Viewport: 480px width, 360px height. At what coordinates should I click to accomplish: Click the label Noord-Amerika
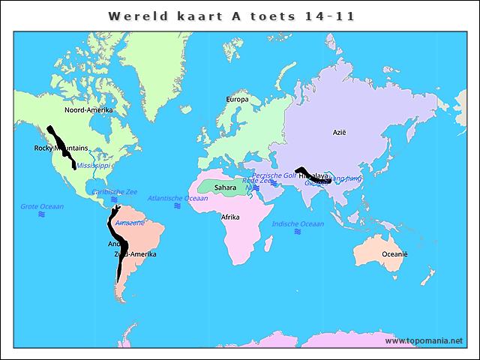pos(88,110)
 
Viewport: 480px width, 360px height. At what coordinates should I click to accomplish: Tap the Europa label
pos(237,100)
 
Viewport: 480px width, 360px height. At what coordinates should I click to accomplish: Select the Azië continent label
pos(340,133)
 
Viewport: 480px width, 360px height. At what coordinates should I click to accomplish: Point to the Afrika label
pos(229,217)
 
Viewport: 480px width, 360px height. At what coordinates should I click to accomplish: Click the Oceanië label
pos(394,254)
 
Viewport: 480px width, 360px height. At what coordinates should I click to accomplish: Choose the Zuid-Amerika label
pos(136,254)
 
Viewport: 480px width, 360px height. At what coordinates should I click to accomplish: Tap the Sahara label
pos(225,187)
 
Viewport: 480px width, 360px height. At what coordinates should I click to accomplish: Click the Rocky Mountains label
pos(61,148)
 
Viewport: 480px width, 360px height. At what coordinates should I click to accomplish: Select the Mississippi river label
pos(93,165)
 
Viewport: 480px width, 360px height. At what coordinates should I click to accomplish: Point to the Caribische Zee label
pos(115,192)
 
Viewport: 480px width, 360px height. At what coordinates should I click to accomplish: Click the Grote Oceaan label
pos(42,206)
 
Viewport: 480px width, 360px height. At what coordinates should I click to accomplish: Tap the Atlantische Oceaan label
pos(178,198)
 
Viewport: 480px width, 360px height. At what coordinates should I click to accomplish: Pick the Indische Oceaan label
pos(298,223)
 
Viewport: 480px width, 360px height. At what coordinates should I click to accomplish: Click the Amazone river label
pos(129,223)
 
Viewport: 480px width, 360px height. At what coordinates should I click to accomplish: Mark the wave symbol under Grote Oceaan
pos(42,214)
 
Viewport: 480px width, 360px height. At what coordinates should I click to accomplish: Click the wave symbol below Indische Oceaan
pos(298,232)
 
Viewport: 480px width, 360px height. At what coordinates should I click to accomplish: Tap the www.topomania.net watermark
pos(424,340)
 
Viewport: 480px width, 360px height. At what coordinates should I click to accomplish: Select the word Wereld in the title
pos(135,15)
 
